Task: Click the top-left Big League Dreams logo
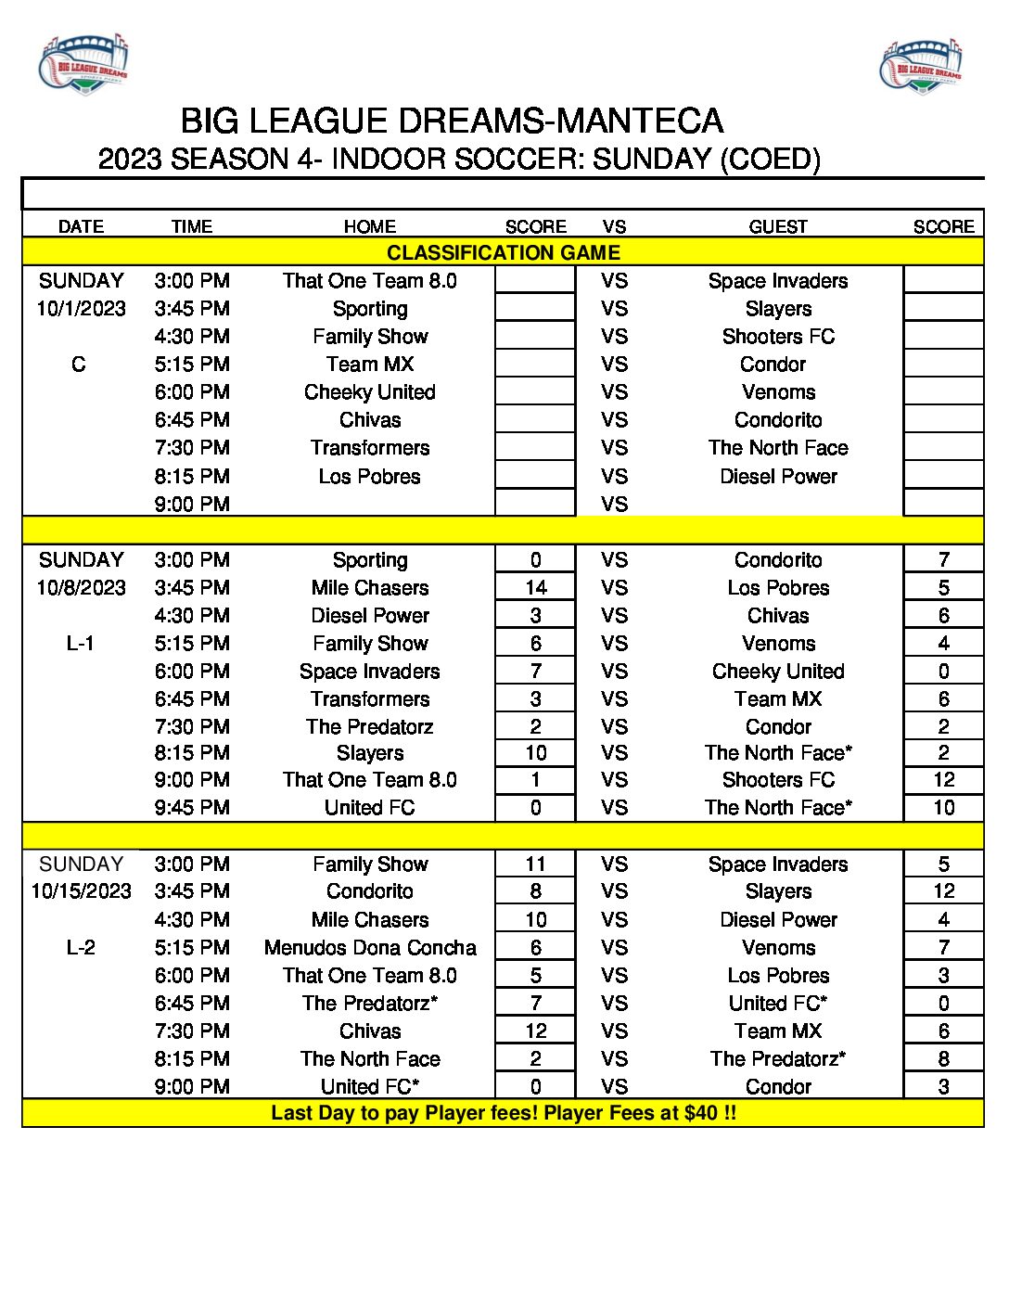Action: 83,64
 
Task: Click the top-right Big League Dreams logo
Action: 921,66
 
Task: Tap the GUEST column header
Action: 778,226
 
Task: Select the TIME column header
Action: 192,226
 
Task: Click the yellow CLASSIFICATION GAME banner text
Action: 504,252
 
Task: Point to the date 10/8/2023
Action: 81,587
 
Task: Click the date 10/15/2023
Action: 81,891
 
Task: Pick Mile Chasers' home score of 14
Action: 536,587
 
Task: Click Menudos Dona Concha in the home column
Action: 370,947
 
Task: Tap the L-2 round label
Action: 81,947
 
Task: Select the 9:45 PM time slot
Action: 192,807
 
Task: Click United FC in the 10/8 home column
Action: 370,807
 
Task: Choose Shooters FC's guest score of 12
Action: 943,779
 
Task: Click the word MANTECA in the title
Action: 642,122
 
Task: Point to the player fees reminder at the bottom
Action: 504,1112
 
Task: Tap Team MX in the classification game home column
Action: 370,364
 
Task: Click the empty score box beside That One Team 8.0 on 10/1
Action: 535,280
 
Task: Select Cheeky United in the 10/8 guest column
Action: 778,671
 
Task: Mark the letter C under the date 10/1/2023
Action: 79,364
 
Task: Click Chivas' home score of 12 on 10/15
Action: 536,1031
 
